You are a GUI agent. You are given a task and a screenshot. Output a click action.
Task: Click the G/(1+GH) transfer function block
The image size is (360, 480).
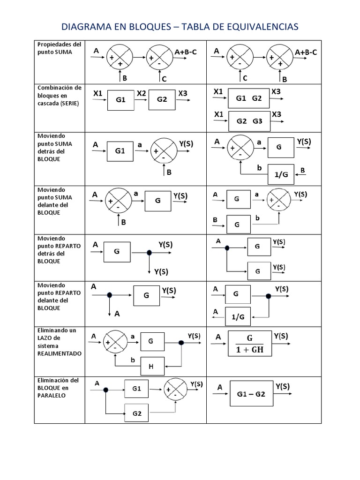[249, 344]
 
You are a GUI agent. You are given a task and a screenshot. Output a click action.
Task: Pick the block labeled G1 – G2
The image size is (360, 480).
[248, 394]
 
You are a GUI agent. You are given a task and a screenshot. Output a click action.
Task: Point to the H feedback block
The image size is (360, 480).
[151, 367]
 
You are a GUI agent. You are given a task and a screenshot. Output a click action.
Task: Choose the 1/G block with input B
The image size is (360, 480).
[281, 174]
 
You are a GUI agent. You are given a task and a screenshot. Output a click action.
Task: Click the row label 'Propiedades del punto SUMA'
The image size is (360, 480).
[59, 48]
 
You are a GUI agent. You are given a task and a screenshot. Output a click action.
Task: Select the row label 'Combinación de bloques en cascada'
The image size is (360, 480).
[59, 95]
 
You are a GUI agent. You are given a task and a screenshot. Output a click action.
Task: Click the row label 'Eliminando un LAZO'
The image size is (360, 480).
[56, 337]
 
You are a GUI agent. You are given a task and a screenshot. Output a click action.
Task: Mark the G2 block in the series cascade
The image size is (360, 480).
[162, 100]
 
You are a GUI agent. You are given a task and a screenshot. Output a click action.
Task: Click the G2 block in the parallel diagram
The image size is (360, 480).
[137, 413]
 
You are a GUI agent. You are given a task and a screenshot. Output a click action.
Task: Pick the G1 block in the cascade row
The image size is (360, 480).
[121, 100]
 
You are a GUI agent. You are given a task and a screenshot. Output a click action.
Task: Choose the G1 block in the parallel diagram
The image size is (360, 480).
[137, 389]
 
